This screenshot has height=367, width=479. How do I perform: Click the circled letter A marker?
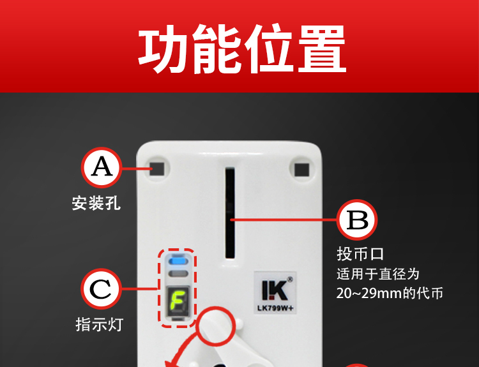click(102, 167)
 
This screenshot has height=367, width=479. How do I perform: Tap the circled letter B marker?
click(357, 220)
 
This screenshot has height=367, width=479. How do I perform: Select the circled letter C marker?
click(101, 289)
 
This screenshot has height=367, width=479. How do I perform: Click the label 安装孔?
click(96, 203)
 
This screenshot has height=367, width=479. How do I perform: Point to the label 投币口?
click(360, 254)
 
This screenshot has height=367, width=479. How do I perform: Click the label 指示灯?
click(99, 324)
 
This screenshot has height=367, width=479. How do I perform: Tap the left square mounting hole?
click(157, 169)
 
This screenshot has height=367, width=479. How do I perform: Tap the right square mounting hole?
click(301, 170)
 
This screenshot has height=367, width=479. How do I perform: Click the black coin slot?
click(230, 213)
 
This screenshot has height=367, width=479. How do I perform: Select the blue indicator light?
click(178, 261)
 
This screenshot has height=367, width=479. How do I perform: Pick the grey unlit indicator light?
click(178, 274)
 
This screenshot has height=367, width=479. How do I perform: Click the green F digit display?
click(177, 301)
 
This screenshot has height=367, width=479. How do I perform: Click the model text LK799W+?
click(275, 308)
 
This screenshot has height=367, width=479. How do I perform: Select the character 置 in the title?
click(322, 49)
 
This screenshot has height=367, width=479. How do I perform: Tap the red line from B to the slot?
click(284, 220)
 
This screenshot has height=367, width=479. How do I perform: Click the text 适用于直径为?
click(378, 274)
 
